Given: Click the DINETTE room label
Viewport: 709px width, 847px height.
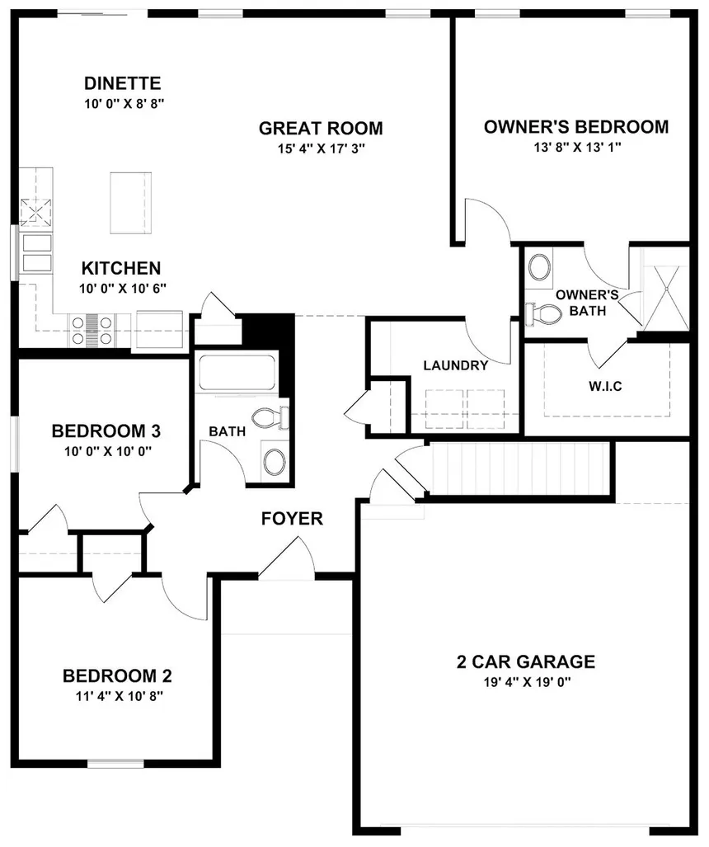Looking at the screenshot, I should pyautogui.click(x=122, y=83).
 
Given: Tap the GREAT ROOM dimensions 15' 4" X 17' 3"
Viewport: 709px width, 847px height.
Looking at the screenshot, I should pyautogui.click(x=321, y=148).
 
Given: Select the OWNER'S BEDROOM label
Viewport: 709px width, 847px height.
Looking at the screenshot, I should pyautogui.click(x=575, y=127).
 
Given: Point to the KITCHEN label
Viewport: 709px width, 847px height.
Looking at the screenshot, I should pyautogui.click(x=120, y=268).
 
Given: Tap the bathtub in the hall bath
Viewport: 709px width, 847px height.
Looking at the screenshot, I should pyautogui.click(x=237, y=374).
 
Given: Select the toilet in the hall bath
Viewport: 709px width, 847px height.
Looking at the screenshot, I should pyautogui.click(x=267, y=418).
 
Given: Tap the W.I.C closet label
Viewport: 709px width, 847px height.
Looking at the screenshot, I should pyautogui.click(x=604, y=385).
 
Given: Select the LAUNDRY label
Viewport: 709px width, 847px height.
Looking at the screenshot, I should pyautogui.click(x=455, y=365).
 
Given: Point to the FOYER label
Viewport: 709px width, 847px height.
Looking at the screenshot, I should pyautogui.click(x=292, y=519).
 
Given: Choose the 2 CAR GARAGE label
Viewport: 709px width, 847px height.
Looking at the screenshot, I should pyautogui.click(x=525, y=661).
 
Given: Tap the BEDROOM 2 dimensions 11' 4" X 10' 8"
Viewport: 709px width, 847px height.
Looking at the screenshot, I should pyautogui.click(x=118, y=695).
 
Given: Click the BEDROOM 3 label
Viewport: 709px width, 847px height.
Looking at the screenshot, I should pyautogui.click(x=106, y=431).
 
